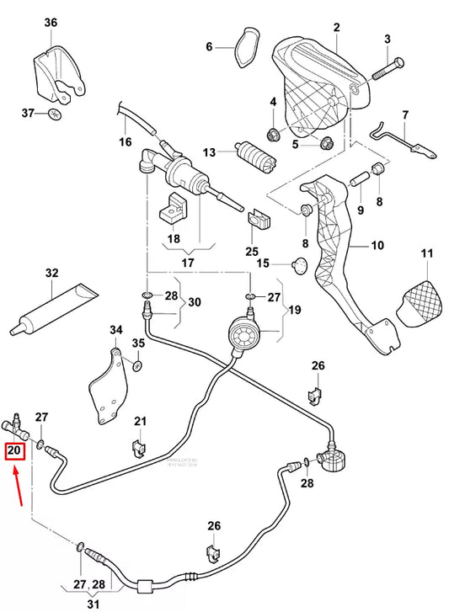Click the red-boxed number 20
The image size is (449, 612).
pyautogui.click(x=14, y=450)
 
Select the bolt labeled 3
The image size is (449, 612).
pyautogui.click(x=377, y=64)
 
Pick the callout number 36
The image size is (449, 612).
pyautogui.click(x=51, y=23)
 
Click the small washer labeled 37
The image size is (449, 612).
pyautogui.click(x=55, y=113)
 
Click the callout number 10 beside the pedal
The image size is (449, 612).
pyautogui.click(x=377, y=246)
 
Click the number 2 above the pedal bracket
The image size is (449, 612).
pyautogui.click(x=336, y=28)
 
